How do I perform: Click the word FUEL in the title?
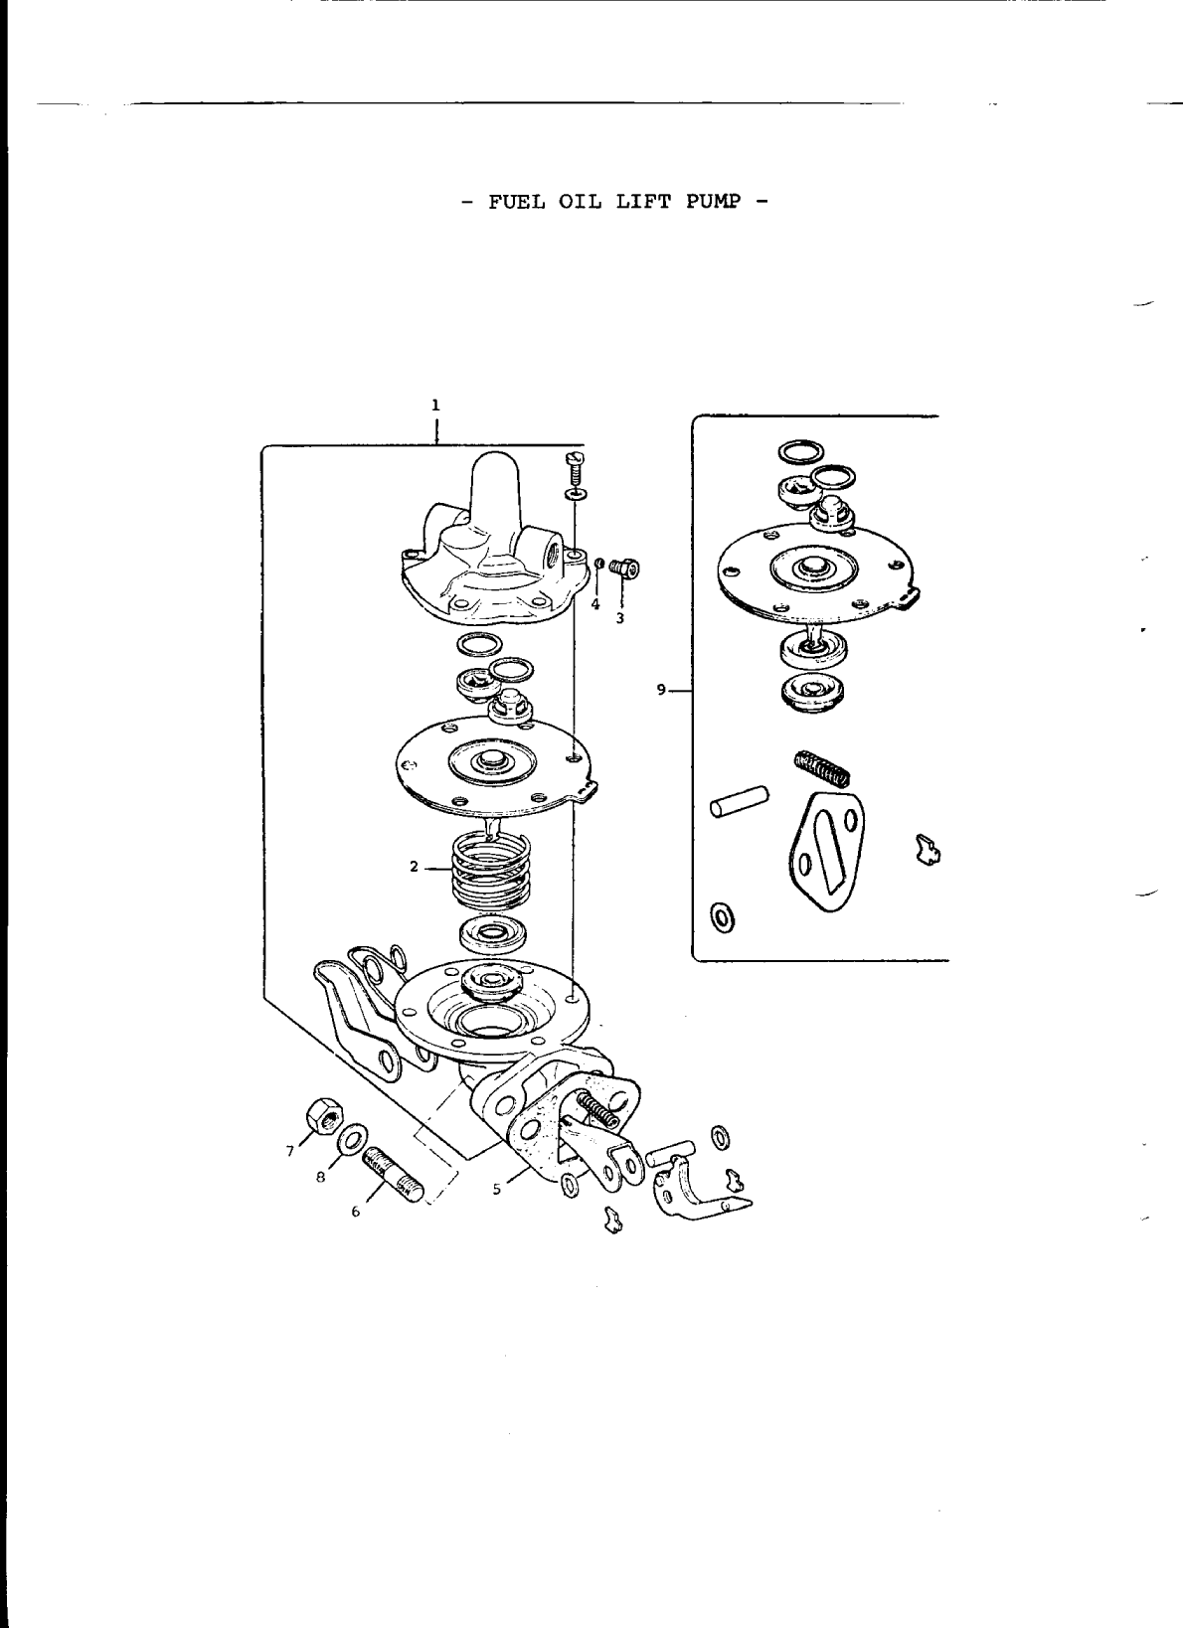coord(510,201)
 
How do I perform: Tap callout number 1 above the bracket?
coord(434,405)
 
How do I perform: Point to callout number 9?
coord(661,689)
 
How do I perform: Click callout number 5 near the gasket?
coord(495,1190)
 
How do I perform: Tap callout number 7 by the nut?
coord(290,1151)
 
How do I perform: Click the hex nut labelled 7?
coord(325,1117)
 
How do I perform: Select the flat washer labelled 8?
coord(351,1139)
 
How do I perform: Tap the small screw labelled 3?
coord(625,569)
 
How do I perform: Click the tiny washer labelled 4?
coord(599,566)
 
